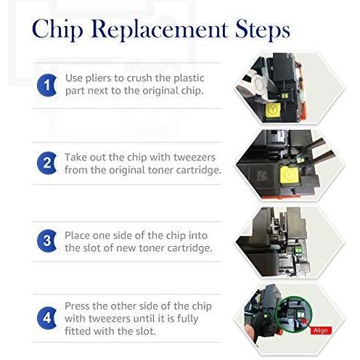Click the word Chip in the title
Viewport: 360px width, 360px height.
click(57, 30)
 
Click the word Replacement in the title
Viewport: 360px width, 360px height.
click(159, 29)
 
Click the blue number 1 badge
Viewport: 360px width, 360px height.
click(47, 85)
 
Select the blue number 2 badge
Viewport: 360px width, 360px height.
click(47, 163)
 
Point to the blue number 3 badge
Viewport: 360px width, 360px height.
click(47, 241)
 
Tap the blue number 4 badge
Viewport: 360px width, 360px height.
click(47, 318)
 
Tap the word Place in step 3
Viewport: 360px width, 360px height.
click(77, 236)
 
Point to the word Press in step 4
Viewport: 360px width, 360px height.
click(77, 306)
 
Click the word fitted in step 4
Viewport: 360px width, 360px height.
click(78, 331)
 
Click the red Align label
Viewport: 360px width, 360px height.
click(321, 330)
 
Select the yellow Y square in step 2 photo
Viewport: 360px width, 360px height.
click(290, 176)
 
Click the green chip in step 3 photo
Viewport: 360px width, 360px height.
click(298, 249)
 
